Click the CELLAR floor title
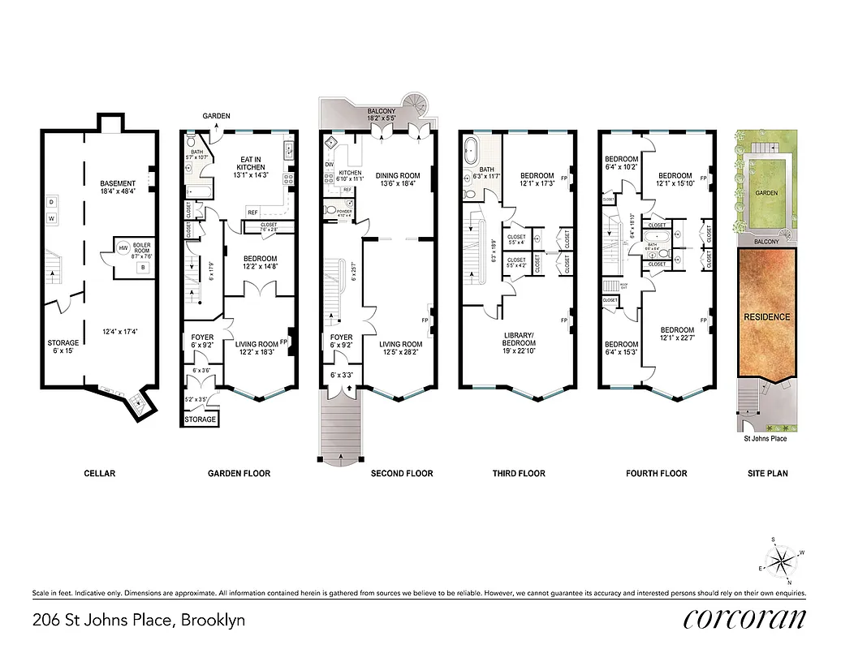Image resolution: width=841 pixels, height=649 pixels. click(100, 473)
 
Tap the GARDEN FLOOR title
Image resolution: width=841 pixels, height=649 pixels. click(239, 473)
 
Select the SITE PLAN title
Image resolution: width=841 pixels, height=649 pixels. click(767, 473)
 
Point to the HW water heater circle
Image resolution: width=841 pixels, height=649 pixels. click(123, 247)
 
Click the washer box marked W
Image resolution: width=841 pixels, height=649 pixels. click(51, 218)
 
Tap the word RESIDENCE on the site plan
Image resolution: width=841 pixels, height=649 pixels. click(766, 316)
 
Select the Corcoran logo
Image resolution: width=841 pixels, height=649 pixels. click(744, 618)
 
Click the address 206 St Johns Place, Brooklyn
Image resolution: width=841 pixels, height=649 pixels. click(138, 621)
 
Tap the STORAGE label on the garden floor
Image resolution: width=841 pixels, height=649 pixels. click(200, 419)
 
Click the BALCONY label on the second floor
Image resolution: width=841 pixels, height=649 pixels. click(382, 111)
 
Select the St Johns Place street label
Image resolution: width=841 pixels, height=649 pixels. click(765, 439)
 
